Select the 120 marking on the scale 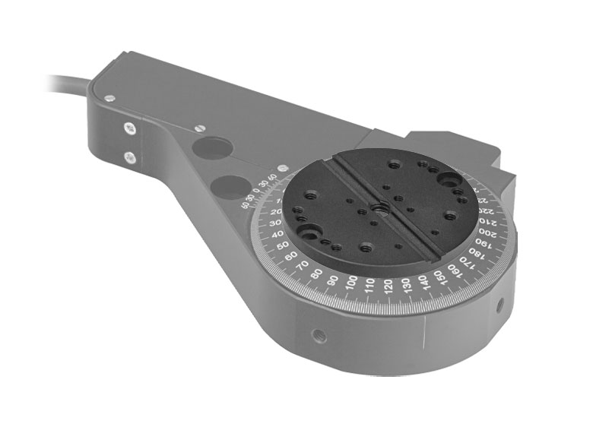pos(388,286)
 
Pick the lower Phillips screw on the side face pos(131,157)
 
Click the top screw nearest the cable pos(111,98)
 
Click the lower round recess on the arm pos(233,185)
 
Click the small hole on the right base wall pos(499,306)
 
